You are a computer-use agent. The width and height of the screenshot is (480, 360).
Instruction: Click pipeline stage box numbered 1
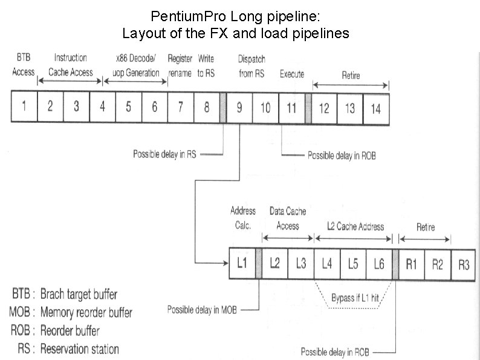[24, 106]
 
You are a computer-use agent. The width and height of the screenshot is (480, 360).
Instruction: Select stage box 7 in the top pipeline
[181, 107]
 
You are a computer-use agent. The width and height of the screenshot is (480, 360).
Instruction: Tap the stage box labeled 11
[292, 107]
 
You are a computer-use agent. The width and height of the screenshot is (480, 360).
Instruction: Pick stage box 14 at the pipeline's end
[376, 108]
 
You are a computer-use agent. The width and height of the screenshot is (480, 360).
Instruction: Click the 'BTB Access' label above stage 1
[23, 65]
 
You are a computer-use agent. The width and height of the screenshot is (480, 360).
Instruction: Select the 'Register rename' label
[180, 65]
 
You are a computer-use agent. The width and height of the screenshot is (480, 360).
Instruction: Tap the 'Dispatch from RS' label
[251, 66]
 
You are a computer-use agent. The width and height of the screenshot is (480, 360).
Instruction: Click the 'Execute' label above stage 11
[292, 74]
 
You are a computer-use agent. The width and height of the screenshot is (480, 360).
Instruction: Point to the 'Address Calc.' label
[242, 218]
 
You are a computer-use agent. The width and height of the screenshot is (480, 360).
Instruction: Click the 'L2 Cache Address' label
[355, 226]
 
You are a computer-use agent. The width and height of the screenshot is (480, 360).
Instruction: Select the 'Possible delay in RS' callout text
[164, 154]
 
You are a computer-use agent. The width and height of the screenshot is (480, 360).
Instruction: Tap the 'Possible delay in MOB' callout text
[203, 310]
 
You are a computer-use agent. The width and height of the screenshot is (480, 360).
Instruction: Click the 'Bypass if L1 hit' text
[354, 298]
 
